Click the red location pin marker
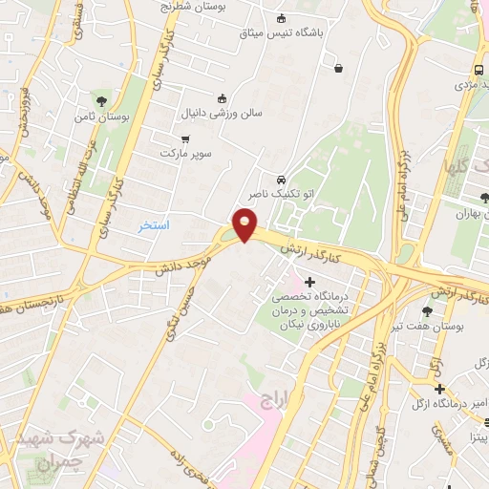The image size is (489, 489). pos(245,225)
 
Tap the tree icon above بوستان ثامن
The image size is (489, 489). pos(99,101)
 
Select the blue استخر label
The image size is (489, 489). pos(154,225)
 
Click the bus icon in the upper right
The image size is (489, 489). pos(478,70)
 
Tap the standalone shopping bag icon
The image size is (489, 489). pos(339,67)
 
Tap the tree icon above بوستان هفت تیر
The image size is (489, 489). pos(427,312)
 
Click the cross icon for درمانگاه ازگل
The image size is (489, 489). pos(439,389)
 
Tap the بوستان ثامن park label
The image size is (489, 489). pos(99,117)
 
